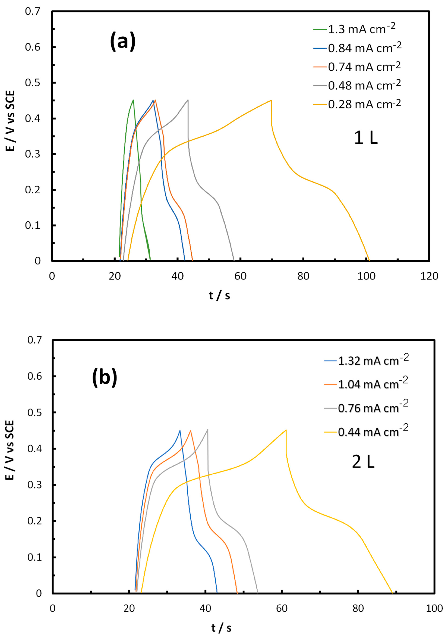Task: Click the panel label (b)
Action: pyautogui.click(x=105, y=377)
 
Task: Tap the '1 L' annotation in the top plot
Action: pyautogui.click(x=366, y=138)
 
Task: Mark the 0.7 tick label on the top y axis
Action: pyautogui.click(x=33, y=12)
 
